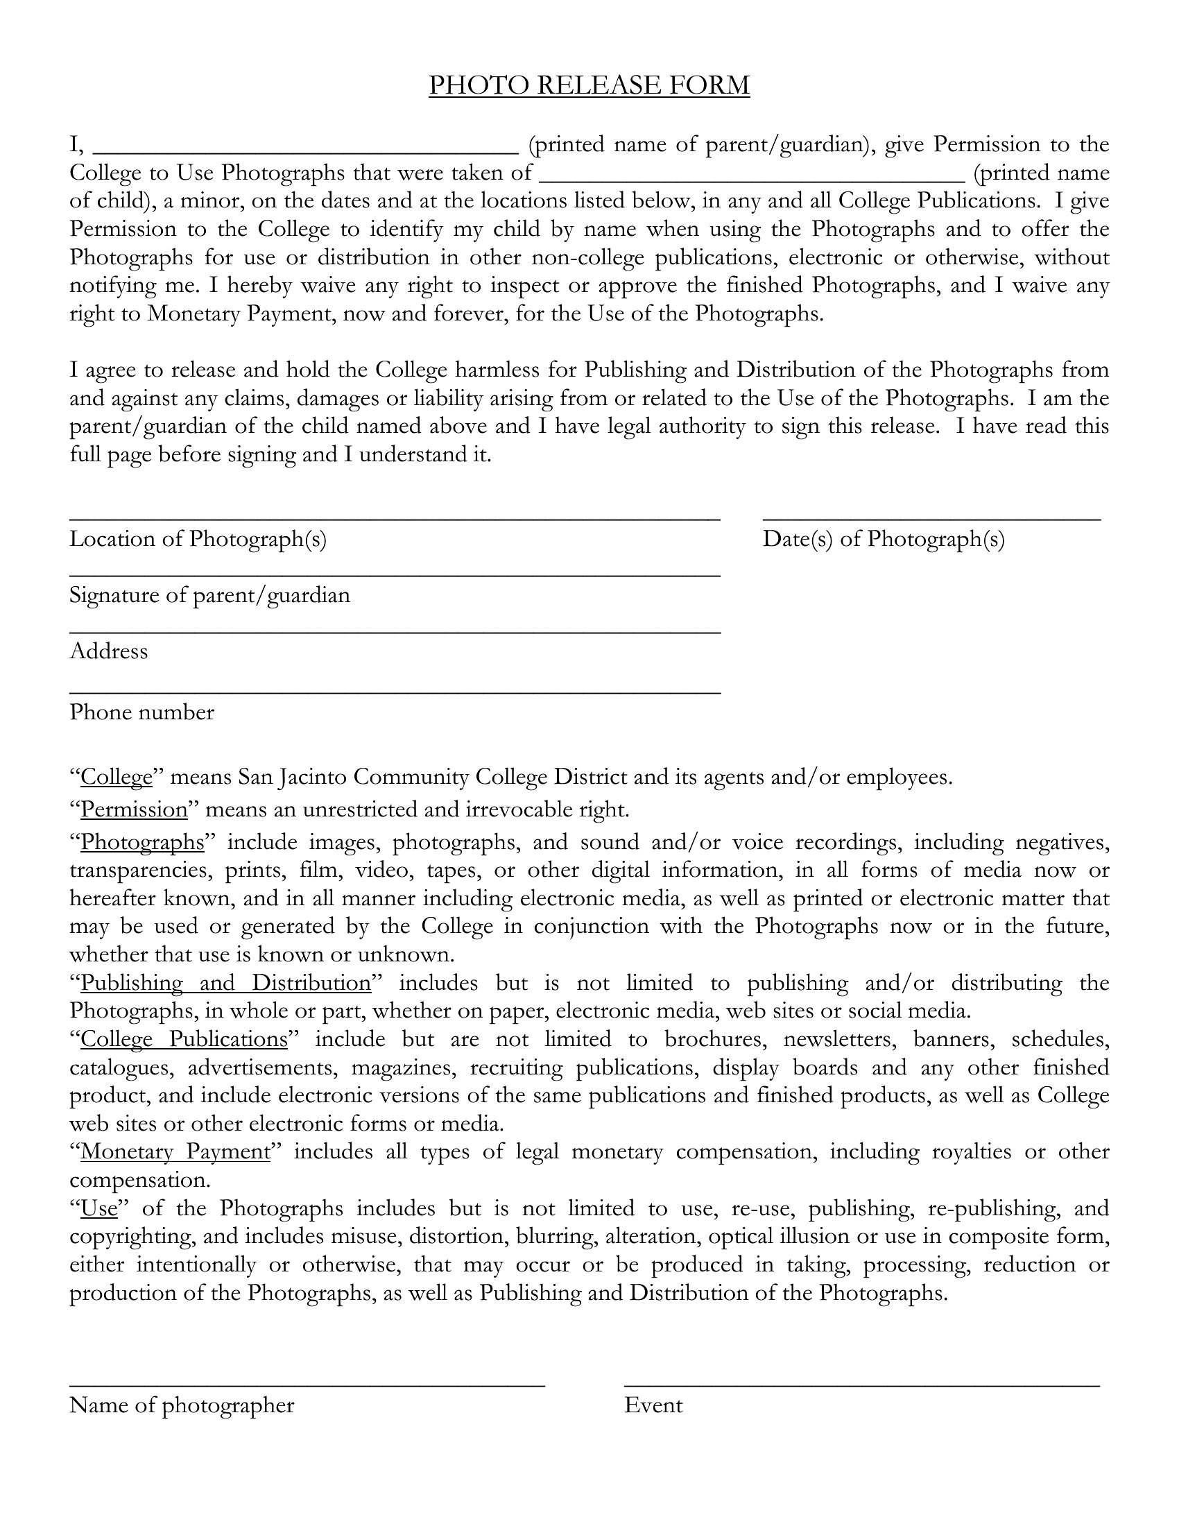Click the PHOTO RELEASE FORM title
click(x=589, y=85)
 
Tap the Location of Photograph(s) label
click(x=198, y=539)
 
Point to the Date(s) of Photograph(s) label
click(x=884, y=539)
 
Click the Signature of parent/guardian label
click(x=209, y=595)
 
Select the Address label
click(x=109, y=651)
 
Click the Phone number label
click(x=141, y=712)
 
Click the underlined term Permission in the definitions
click(x=134, y=809)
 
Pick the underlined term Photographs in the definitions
click(x=142, y=842)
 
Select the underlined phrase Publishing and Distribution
click(x=225, y=983)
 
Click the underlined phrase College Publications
click(x=184, y=1039)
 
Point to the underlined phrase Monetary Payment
click(x=175, y=1151)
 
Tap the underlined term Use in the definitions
click(x=99, y=1208)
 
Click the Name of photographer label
click(x=182, y=1405)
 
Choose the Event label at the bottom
click(x=653, y=1405)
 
